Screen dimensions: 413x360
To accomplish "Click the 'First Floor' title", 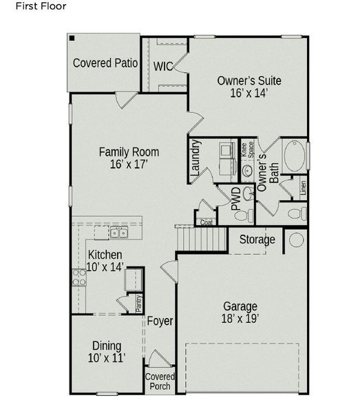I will [x=23, y=8].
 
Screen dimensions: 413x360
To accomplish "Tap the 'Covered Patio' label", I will [x=105, y=63].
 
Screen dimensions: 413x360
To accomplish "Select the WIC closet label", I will [x=163, y=66].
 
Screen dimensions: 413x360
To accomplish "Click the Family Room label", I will [x=129, y=152].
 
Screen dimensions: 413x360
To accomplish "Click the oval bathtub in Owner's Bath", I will [x=294, y=156].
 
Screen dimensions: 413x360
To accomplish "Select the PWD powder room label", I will [x=236, y=198].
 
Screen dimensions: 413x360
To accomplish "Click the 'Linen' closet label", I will [x=303, y=187].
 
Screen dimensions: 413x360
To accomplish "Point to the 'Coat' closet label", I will [x=206, y=222].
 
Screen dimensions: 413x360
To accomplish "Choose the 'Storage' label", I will [x=257, y=240].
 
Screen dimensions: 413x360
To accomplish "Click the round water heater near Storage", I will [x=295, y=240].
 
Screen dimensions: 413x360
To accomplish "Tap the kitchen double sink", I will [x=119, y=233].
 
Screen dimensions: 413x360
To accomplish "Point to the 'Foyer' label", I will [x=160, y=321].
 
